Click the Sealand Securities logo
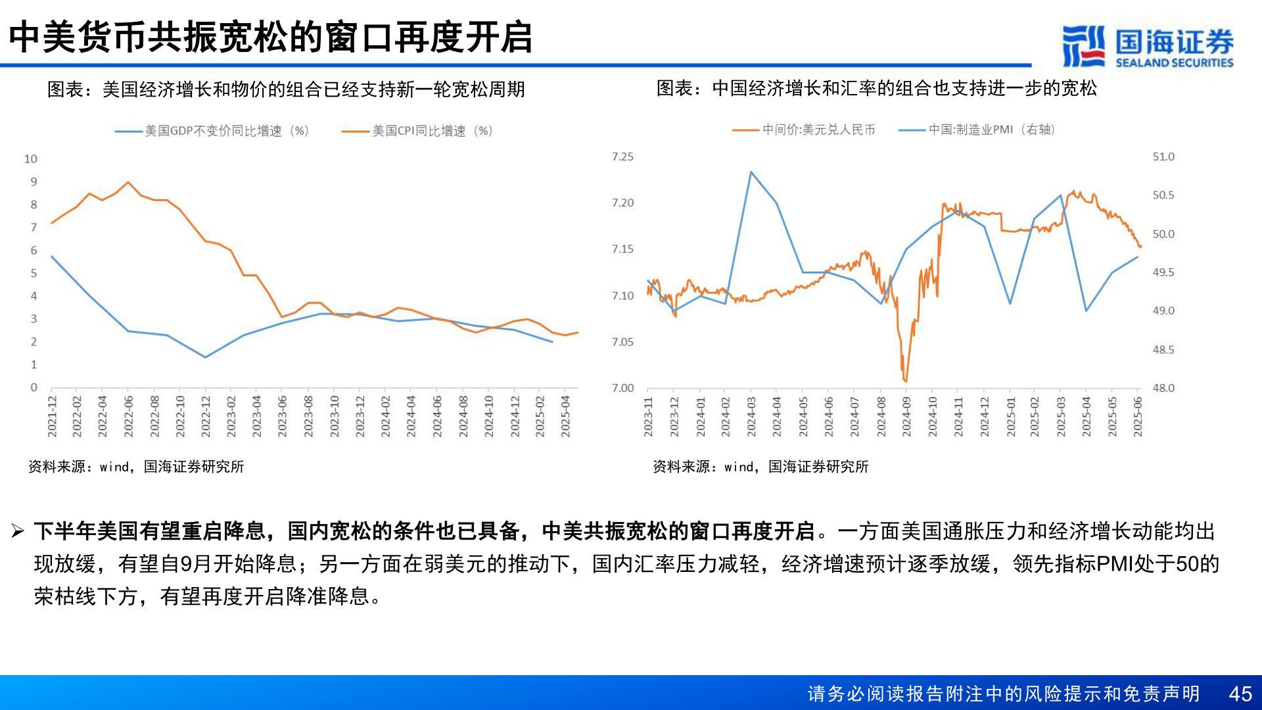[1148, 46]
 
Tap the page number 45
[1240, 694]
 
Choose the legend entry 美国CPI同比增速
[432, 131]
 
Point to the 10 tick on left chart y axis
[31, 159]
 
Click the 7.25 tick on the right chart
[622, 156]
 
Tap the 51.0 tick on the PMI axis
[1163, 156]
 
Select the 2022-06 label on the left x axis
[129, 416]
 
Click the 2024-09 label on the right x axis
[906, 416]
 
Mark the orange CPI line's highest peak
[128, 182]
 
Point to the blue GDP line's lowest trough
[206, 357]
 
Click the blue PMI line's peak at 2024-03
[751, 172]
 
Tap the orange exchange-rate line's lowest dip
[906, 381]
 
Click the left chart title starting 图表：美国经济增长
[286, 89]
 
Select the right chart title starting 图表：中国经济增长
[876, 88]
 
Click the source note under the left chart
[136, 467]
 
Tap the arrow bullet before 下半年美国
[18, 531]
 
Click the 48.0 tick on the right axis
[1163, 388]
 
